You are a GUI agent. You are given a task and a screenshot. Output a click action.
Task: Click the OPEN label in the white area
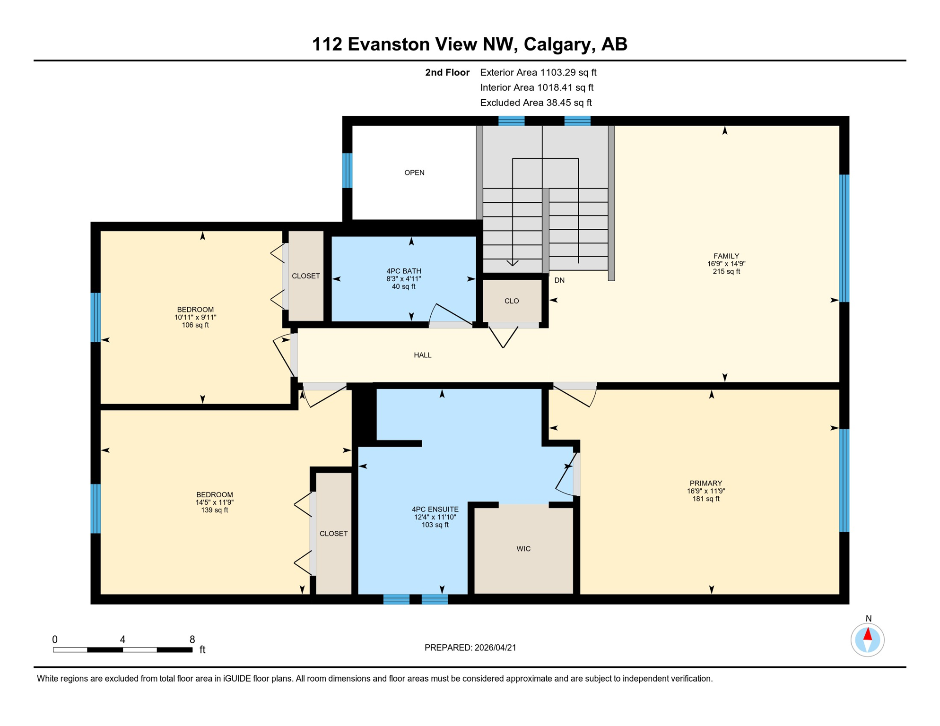click(414, 173)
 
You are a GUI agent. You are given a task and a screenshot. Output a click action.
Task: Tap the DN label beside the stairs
click(559, 280)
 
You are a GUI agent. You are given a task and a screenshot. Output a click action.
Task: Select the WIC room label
click(523, 549)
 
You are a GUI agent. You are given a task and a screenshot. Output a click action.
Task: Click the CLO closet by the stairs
click(512, 301)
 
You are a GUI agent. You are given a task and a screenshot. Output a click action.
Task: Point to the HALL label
click(422, 355)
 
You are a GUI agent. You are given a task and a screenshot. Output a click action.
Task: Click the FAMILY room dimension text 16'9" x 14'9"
click(726, 264)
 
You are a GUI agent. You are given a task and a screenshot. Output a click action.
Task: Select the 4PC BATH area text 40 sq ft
click(403, 286)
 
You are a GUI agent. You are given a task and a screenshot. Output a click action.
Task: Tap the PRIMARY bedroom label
click(705, 483)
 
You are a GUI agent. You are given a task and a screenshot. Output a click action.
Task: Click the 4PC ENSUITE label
click(435, 510)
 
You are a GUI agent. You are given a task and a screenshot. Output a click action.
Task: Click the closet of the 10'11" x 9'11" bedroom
click(306, 276)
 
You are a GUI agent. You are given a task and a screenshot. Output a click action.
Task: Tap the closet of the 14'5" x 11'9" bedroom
click(334, 534)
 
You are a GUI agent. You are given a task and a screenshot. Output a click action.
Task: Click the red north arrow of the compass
click(868, 634)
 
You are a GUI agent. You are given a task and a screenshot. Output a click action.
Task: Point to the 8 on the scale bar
click(192, 640)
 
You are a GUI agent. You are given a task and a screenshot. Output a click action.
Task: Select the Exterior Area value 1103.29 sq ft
click(568, 72)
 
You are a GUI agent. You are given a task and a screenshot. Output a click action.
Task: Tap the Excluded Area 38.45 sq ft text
click(536, 103)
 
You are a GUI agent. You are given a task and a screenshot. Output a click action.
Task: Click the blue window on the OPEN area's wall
click(347, 170)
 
